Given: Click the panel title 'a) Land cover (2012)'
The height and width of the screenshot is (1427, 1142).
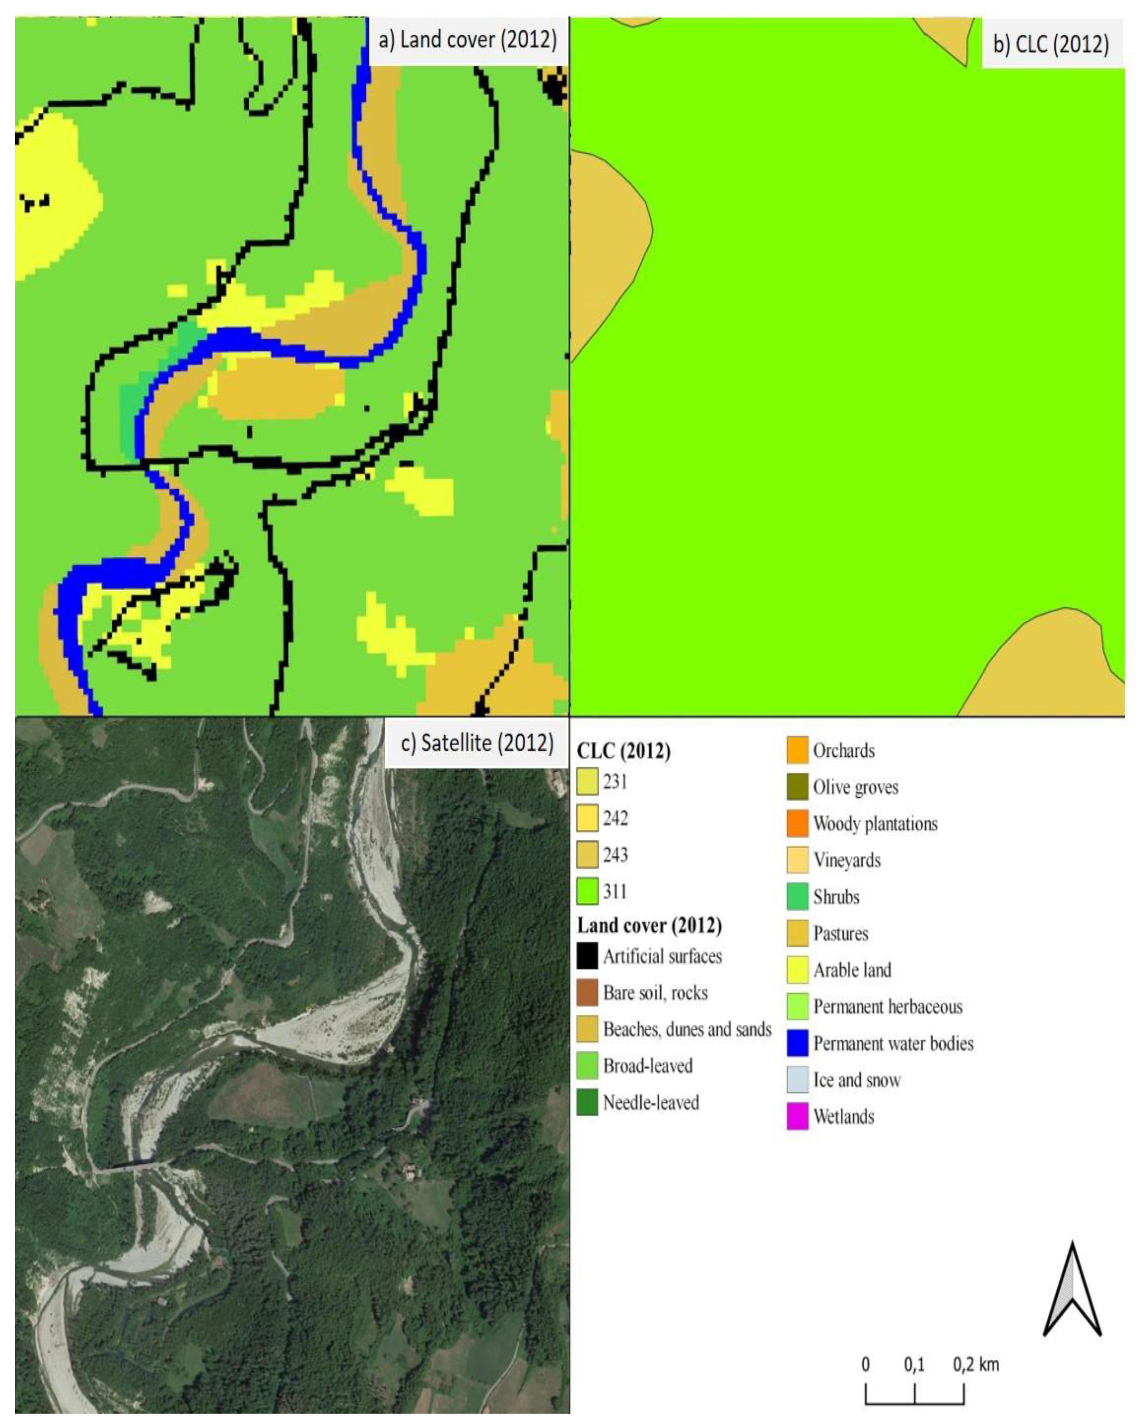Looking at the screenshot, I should [x=467, y=40].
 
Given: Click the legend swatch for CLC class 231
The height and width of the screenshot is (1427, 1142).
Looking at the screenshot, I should [x=587, y=782].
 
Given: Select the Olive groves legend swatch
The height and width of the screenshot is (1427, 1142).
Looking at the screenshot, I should [x=797, y=787].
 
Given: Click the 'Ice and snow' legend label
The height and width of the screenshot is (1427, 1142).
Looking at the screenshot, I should [x=857, y=1080].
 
